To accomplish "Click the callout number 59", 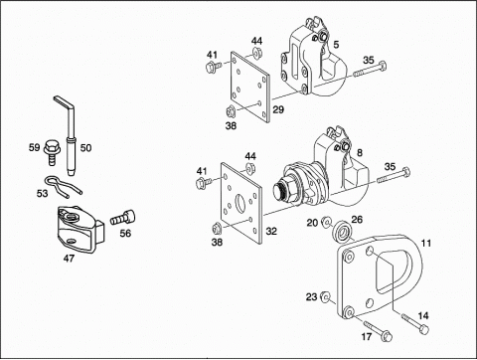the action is point(34,147).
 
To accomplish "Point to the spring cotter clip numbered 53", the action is point(63,187).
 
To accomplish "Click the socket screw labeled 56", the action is point(123,218).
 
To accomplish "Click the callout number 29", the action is point(278,109).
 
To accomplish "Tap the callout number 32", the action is point(271,231).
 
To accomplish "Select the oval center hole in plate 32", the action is point(239,202).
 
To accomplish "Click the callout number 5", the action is point(336,44).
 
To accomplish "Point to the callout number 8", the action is point(360,152).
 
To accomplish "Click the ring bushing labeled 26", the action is point(341,232).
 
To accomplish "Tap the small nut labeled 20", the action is point(326,221).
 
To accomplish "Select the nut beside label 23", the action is point(325,297).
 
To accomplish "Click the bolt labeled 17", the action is point(378,330).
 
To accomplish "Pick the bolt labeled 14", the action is point(415,322).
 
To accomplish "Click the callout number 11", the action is point(426,244).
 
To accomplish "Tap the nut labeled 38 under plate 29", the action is point(231,111).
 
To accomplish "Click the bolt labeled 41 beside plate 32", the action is point(205,183).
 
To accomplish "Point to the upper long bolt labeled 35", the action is point(370,69).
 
